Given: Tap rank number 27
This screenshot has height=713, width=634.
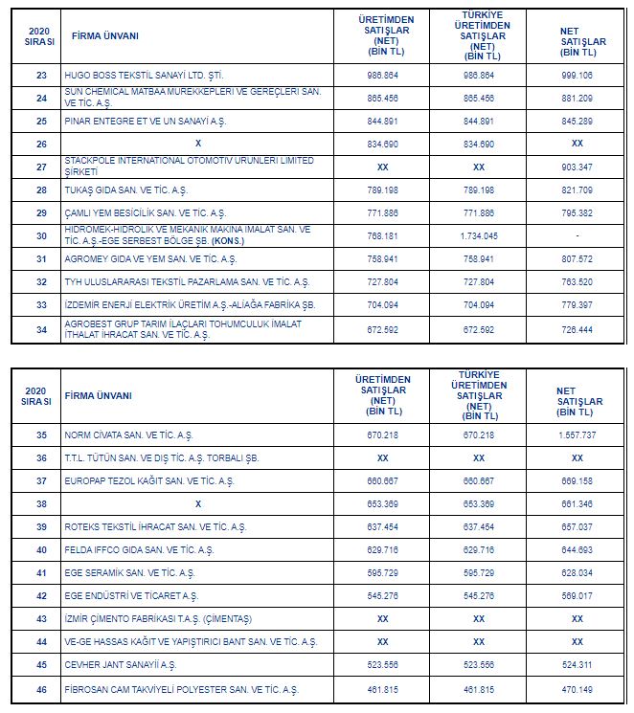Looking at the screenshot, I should click(41, 167).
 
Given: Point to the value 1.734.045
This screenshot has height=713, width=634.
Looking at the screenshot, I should click(478, 235).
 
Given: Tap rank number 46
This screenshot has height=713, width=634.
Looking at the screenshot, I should click(41, 689).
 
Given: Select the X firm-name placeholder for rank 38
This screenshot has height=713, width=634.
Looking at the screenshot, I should click(198, 503).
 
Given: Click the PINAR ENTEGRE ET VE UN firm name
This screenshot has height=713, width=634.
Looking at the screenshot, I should click(145, 121).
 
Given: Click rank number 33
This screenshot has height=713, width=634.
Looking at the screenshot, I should click(41, 305).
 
